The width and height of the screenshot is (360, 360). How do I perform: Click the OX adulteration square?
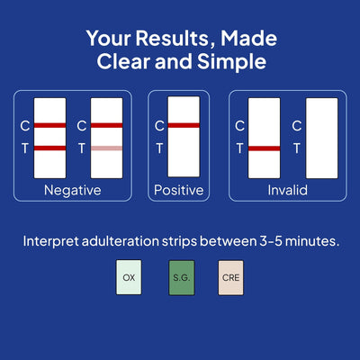click(129, 277)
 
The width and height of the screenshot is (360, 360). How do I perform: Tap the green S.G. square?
click(182, 277)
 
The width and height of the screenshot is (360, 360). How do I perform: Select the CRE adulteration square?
click(231, 277)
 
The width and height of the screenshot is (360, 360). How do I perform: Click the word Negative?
click(73, 190)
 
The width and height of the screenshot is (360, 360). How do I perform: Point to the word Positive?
click(179, 190)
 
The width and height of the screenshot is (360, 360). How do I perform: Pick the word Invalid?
click(288, 190)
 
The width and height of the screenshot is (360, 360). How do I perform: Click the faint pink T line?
click(107, 148)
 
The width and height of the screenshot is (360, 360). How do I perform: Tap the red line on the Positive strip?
click(184, 125)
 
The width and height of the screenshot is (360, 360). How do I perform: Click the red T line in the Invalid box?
click(265, 148)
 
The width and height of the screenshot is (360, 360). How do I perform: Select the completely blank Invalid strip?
click(322, 138)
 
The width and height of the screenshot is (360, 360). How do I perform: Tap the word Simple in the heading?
click(231, 61)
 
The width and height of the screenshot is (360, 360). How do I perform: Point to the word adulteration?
click(120, 241)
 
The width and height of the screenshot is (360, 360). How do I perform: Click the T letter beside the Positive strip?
click(159, 148)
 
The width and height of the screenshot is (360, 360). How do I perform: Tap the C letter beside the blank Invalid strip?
click(297, 126)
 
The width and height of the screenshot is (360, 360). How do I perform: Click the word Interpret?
click(50, 241)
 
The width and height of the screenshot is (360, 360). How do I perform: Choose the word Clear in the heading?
click(123, 61)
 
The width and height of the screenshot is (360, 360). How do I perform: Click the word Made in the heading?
click(248, 39)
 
